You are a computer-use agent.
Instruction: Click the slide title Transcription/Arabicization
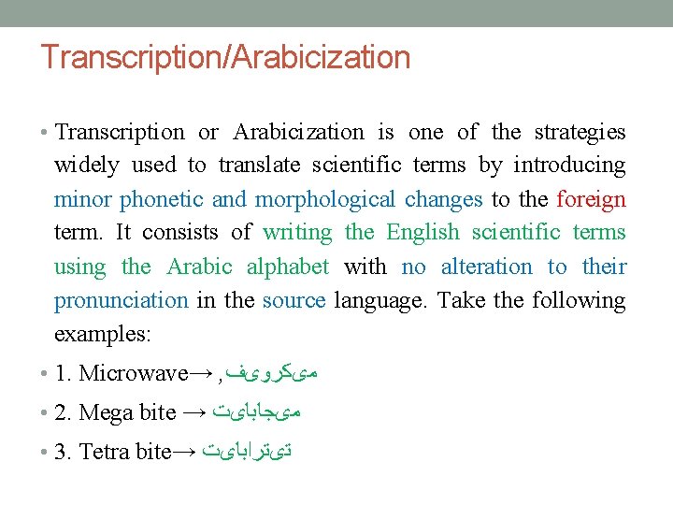[225, 58]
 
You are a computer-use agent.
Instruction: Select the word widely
[87, 166]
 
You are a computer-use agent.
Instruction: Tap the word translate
[259, 166]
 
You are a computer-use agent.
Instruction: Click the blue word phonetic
[162, 200]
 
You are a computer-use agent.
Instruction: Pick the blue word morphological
[325, 200]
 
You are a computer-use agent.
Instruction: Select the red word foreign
[591, 200]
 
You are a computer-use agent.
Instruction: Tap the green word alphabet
[287, 267]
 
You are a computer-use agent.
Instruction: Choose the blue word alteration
[466, 267]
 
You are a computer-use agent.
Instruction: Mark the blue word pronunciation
[122, 301]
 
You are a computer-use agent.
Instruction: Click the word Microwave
[134, 374]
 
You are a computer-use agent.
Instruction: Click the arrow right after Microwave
[201, 374]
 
